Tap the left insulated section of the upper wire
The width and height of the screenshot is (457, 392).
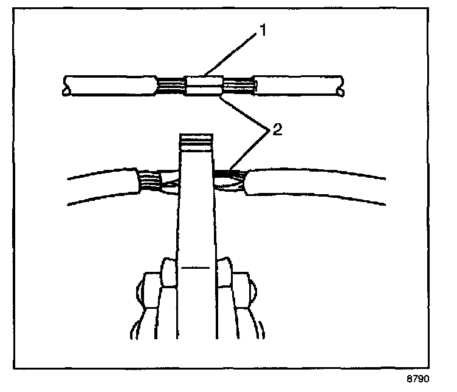coord(109,86)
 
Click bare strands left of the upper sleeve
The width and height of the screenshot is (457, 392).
coord(171,86)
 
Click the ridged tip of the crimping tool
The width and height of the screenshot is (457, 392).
coord(196,143)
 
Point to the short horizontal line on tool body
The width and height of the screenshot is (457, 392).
coord(196,267)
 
